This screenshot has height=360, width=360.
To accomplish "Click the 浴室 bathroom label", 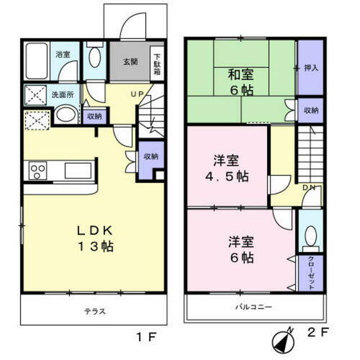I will tap(63, 55).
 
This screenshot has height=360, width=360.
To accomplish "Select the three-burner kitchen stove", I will tap(37, 171).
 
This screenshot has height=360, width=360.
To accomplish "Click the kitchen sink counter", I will tap(76, 171).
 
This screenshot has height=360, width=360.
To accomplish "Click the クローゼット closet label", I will tap(310, 273).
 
